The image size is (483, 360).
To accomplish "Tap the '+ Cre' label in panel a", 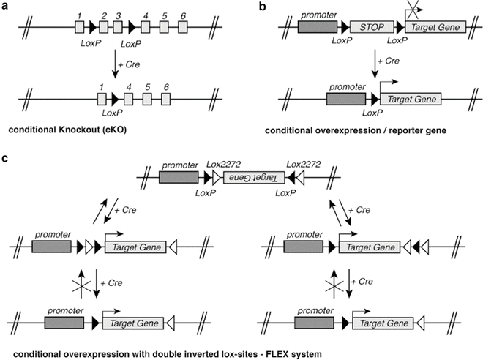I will tap(133, 68).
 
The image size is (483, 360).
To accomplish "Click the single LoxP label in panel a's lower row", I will tap(112, 113).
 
